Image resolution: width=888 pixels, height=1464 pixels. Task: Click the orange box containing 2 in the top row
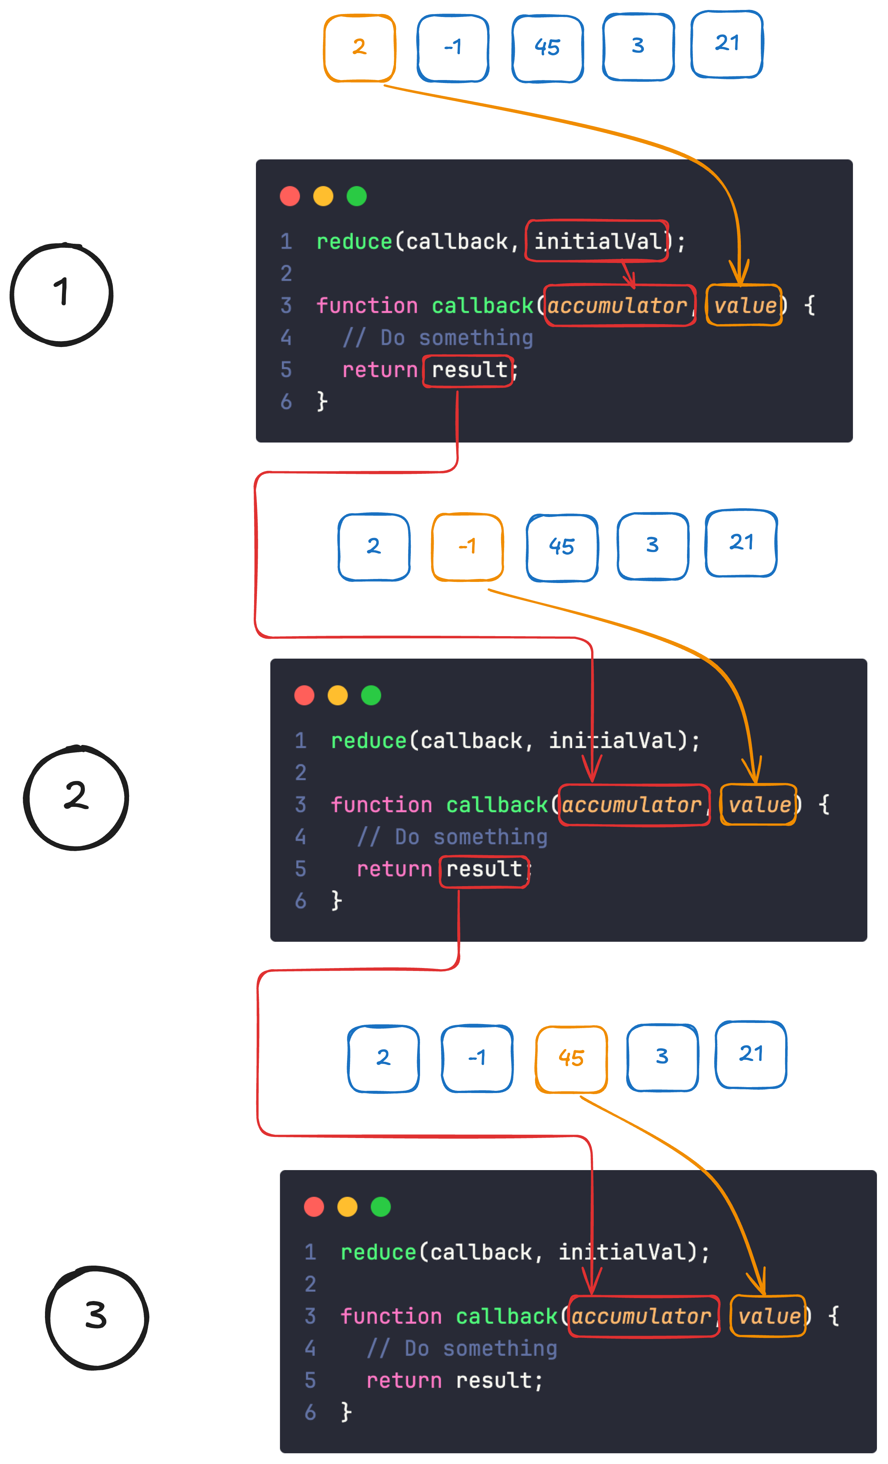point(359,48)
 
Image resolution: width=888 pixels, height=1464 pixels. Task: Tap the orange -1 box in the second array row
point(468,547)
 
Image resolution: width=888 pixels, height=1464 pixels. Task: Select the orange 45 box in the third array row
point(571,1058)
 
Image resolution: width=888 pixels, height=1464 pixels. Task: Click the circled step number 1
point(62,294)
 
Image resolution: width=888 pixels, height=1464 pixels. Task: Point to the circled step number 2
point(76,797)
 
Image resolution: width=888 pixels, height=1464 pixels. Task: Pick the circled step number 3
point(97,1316)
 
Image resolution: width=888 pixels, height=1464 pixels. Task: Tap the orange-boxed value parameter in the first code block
point(744,305)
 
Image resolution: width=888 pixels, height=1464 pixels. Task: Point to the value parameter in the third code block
point(768,1316)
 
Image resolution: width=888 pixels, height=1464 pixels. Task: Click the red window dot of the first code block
point(290,196)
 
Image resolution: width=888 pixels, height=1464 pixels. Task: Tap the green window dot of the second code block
point(371,695)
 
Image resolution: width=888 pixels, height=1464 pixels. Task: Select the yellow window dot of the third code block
point(347,1207)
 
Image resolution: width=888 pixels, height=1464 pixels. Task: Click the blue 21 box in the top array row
point(727,44)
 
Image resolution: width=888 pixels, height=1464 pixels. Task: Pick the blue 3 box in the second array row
point(653,545)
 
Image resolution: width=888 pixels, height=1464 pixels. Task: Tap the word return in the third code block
point(404,1380)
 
